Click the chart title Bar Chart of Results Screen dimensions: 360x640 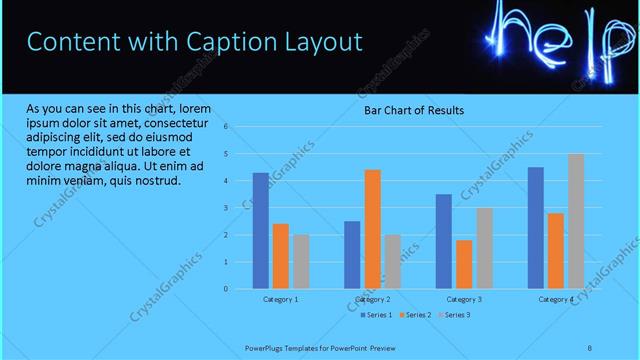413,110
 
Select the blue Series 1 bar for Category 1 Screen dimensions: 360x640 261,230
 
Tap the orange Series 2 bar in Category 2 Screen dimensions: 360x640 372,229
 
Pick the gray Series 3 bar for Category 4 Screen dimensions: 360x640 576,221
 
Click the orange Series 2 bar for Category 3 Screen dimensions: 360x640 464,264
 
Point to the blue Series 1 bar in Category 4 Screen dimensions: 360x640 536,227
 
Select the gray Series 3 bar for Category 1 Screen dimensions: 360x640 301,261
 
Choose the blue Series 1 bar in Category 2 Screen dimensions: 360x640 352,254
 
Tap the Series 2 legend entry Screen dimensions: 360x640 414,315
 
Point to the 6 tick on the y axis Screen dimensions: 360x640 227,127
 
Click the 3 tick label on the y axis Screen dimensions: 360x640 227,208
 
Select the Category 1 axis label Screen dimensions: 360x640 281,299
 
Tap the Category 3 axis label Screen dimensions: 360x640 464,299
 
